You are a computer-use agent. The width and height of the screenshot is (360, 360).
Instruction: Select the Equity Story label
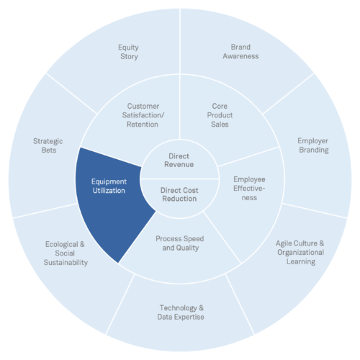coord(129,52)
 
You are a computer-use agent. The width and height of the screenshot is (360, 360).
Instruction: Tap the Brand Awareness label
coord(240,51)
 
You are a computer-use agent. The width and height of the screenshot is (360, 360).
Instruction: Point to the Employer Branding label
coord(313,145)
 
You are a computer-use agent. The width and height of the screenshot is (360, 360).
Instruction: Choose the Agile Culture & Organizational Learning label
coord(300,252)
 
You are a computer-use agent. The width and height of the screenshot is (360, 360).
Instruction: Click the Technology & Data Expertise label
coord(181,312)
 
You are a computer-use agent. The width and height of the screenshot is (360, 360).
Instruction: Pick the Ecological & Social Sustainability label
coord(66,253)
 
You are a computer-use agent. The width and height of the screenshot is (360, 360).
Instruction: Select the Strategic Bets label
coord(48,145)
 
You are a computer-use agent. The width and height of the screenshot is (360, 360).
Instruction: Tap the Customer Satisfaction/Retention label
coord(143,115)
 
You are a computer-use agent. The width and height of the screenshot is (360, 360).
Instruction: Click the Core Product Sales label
coord(220,115)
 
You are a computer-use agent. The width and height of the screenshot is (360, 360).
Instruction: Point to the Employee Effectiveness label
coord(249,189)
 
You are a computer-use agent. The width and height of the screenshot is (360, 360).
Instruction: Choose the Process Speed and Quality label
coord(180,243)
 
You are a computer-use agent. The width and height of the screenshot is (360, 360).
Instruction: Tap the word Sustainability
coord(66,262)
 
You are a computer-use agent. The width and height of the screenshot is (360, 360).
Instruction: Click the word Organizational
coord(301,252)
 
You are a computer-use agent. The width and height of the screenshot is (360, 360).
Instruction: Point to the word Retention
coord(143,125)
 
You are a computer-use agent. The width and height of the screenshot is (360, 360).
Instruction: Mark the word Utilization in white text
coord(109,191)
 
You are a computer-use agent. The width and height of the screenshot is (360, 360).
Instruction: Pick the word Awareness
coord(240,56)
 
